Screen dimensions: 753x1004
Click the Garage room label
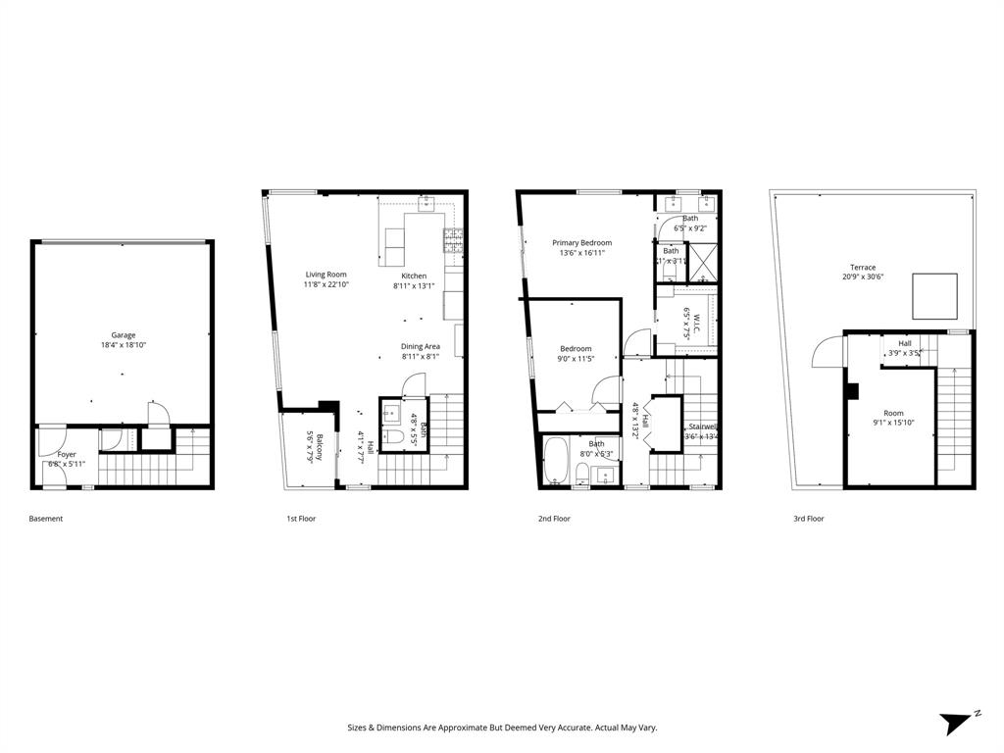(x=123, y=335)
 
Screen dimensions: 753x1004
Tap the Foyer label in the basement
(x=67, y=455)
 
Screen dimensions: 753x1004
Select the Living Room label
(x=326, y=275)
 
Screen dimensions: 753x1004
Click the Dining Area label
(x=420, y=346)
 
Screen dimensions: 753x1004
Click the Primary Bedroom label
(x=581, y=243)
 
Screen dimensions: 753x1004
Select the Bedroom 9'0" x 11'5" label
(x=576, y=349)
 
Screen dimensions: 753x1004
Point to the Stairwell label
(x=703, y=427)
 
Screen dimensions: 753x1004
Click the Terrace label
(x=863, y=268)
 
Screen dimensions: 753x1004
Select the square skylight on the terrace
(x=934, y=296)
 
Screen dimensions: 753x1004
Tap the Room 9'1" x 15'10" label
(x=893, y=414)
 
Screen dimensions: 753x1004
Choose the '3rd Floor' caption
(x=808, y=519)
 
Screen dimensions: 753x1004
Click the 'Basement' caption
(x=45, y=519)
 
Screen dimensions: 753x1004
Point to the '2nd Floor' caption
(x=554, y=519)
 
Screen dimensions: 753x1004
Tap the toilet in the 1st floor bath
(x=394, y=438)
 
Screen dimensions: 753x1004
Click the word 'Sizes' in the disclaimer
(x=358, y=728)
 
